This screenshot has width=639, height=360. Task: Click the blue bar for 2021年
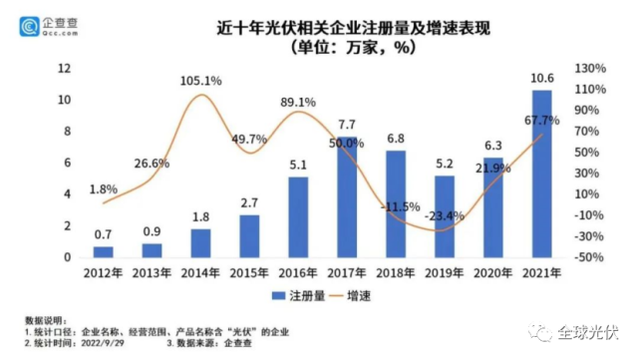pos(541,175)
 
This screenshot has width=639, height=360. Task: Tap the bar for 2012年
pos(104,251)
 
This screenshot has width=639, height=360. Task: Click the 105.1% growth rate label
pos(202,80)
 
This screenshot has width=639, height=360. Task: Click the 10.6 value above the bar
pos(542,80)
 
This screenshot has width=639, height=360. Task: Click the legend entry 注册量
pos(297,295)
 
